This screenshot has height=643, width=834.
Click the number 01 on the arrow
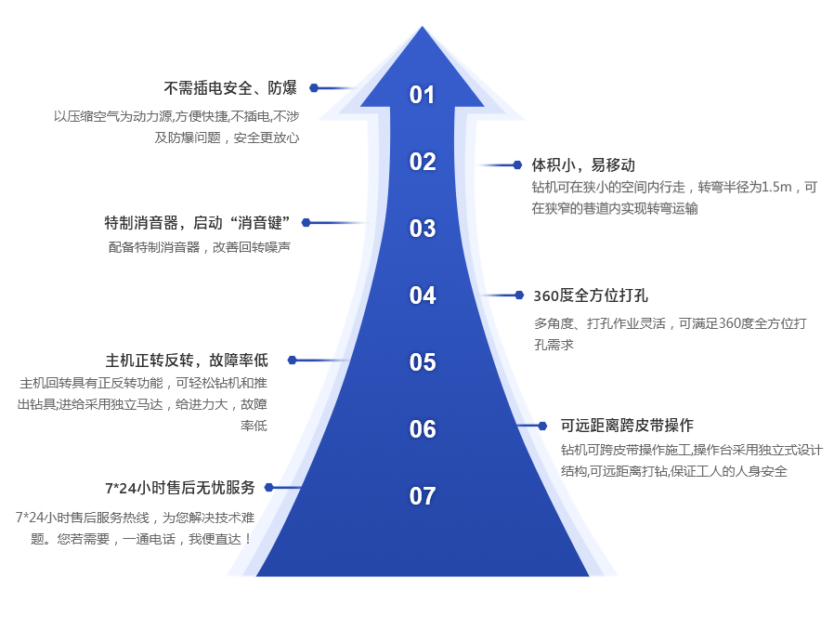pos(423,95)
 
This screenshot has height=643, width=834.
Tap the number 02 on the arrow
pos(423,162)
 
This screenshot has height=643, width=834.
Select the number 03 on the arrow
pos(423,229)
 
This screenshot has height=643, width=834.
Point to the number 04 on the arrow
pos(423,295)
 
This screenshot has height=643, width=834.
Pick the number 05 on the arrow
pos(423,362)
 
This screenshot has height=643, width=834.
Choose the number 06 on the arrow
pos(423,429)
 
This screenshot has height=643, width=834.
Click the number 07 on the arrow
pos(423,496)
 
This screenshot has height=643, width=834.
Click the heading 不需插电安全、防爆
pos(230,88)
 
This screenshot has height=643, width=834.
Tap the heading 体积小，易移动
pos(583,165)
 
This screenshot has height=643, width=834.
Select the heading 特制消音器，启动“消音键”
pos(199,223)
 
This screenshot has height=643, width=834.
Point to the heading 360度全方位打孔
pos(591,295)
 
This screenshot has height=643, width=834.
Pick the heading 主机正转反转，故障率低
pos(187,361)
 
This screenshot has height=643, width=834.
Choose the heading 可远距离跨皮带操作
pos(627,426)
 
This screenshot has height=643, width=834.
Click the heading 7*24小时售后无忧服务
pos(179,488)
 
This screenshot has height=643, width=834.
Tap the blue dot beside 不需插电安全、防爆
pos(314,88)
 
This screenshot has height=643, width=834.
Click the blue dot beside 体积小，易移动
pos(517,165)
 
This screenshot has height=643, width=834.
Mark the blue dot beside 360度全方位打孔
pos(519,295)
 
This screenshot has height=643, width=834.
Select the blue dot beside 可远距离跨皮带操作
pos(543,426)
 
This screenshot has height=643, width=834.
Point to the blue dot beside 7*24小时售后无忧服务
pos(268,487)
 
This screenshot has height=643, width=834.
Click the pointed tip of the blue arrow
pos(423,28)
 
